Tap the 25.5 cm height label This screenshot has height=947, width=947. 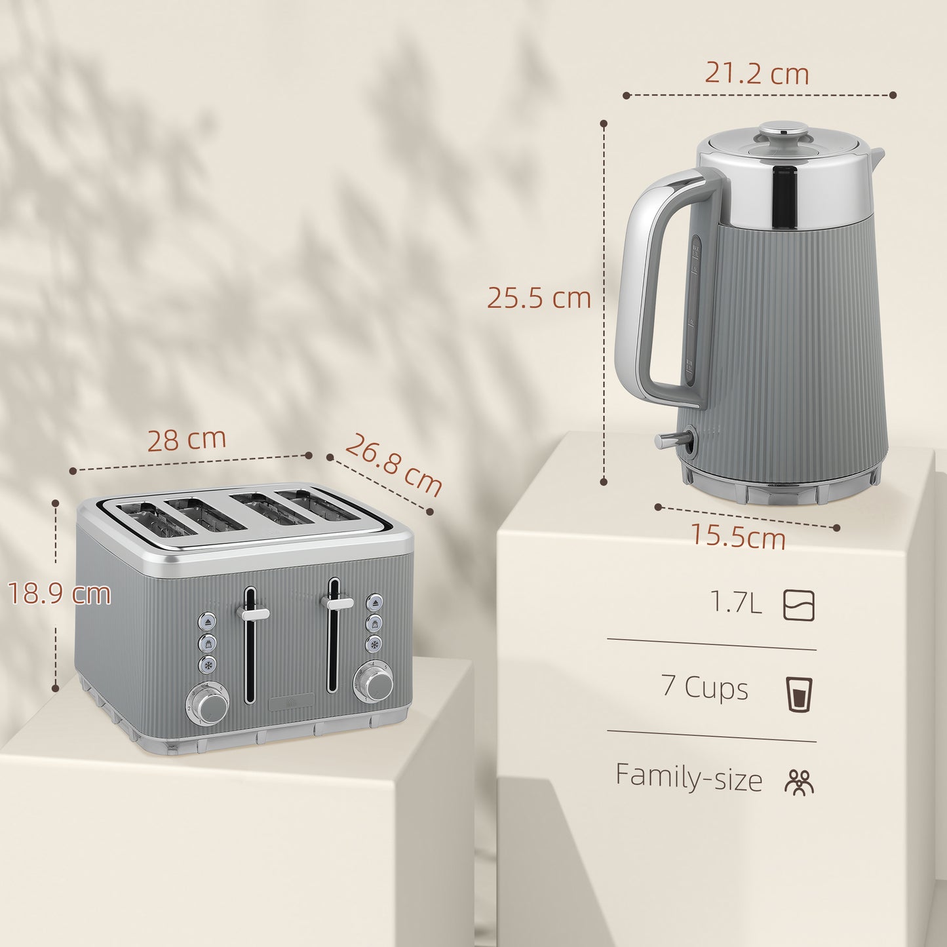(539, 298)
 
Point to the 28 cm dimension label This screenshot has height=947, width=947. (186, 440)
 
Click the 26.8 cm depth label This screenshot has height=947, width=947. (393, 465)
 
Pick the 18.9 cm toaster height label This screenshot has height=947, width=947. (59, 594)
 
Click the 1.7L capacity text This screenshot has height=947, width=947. (737, 602)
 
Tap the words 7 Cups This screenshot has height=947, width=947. (705, 687)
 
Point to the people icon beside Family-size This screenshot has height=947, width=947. (799, 782)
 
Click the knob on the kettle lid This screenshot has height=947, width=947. (786, 129)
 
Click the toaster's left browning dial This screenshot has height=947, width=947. (211, 706)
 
